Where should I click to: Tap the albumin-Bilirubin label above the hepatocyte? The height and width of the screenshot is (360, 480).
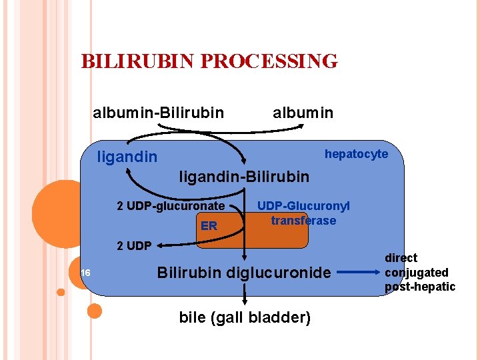point(158,113)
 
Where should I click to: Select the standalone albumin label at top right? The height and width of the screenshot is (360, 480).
point(303,113)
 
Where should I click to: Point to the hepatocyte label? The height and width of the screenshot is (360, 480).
point(356,154)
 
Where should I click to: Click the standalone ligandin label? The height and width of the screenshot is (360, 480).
point(127,157)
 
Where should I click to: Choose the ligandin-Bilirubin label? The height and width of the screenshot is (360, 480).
point(244,177)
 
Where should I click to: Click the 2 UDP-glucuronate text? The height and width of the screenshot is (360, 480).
point(171,206)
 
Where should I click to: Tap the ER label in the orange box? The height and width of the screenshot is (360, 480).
point(209,226)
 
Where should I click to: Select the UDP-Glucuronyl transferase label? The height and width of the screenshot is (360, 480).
point(303,213)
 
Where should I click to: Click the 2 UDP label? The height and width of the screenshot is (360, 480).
point(134,245)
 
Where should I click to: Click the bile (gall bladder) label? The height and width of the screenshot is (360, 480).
point(245,317)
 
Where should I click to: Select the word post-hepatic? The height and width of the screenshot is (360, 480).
point(419,287)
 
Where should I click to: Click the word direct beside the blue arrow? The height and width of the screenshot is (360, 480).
point(401,257)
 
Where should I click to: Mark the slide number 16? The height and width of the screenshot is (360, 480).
point(85,273)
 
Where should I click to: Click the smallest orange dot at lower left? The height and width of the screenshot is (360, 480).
point(61,292)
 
